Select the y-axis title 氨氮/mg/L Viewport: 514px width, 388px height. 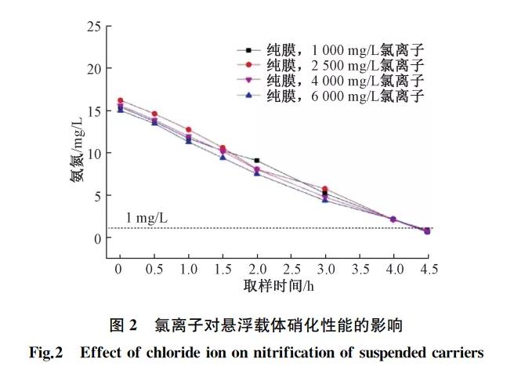pos(77,154)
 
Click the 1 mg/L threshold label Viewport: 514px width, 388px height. pos(147,217)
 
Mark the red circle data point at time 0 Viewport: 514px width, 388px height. pos(120,100)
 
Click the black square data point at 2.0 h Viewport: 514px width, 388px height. pos(257,161)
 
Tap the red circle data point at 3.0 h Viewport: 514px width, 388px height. pos(325,189)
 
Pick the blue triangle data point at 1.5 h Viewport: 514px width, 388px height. pos(223,158)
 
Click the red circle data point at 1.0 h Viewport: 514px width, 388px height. pos(189,129)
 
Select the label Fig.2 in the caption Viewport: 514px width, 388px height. pos(45,353)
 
